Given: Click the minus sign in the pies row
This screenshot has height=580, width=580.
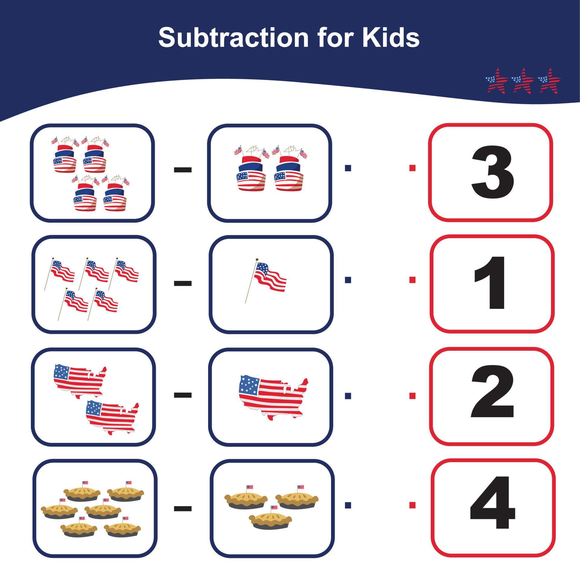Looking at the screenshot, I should coord(183,508).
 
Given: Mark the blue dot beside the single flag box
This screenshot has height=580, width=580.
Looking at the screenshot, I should coord(348,280).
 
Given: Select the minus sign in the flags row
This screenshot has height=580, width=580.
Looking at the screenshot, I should coord(183,283).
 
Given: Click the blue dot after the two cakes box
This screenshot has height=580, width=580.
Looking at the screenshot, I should coord(348,168).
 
